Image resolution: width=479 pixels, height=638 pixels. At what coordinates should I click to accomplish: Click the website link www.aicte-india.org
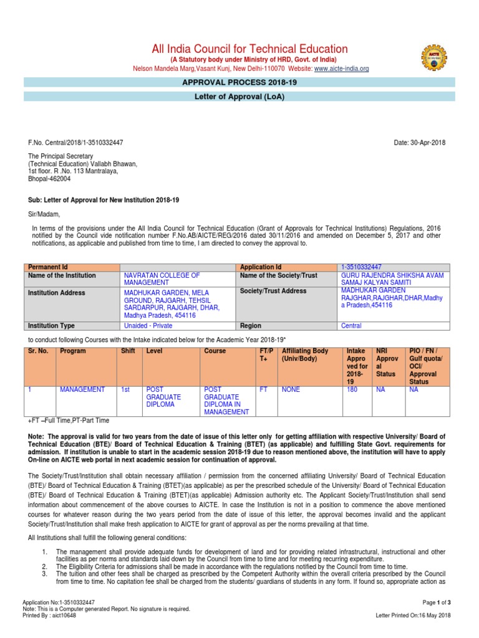point(342,69)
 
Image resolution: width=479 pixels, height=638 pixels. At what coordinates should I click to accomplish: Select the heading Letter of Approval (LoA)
point(239,97)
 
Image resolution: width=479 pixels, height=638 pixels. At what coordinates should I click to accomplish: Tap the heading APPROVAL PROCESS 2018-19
point(239,82)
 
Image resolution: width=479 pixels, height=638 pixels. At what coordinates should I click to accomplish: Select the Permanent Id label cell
point(46,266)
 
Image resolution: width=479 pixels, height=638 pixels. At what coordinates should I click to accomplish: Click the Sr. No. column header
point(39,351)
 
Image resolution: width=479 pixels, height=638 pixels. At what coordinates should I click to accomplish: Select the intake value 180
point(352,389)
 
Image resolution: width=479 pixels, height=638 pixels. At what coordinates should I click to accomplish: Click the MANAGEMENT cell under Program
point(82,389)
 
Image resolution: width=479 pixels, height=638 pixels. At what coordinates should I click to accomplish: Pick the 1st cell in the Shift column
point(125,389)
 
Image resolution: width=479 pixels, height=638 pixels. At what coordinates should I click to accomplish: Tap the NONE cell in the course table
point(291,389)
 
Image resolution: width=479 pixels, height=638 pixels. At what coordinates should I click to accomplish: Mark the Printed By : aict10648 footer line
point(49,615)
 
